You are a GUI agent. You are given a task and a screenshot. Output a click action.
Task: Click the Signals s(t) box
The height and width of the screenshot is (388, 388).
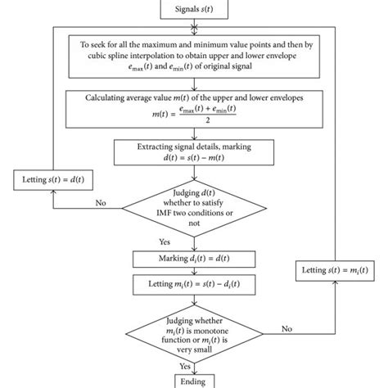pyautogui.click(x=193, y=8)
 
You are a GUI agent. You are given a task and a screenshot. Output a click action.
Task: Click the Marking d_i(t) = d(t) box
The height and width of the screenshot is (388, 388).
pyautogui.click(x=193, y=259)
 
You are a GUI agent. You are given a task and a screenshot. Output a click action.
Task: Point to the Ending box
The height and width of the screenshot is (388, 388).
pyautogui.click(x=193, y=381)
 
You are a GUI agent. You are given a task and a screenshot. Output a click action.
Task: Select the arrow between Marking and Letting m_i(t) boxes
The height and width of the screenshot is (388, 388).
pyautogui.click(x=193, y=271)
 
